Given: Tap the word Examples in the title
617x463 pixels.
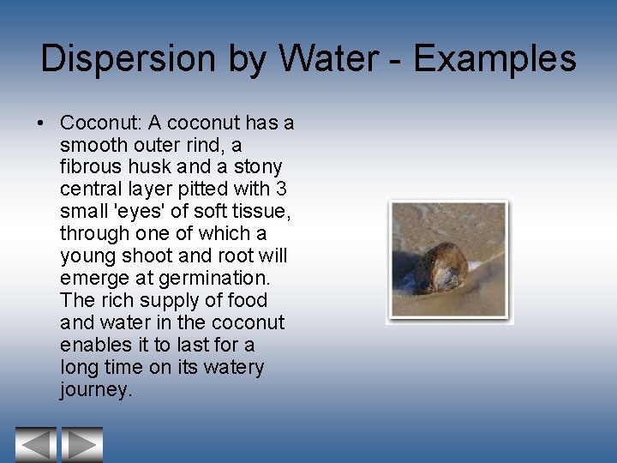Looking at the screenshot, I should (x=494, y=59).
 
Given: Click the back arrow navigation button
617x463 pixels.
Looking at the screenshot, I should (x=35, y=445).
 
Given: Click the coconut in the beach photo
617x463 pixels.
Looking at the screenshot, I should (x=437, y=268).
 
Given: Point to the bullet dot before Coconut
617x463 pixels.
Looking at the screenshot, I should (x=42, y=123).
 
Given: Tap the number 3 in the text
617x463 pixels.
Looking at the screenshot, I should (x=283, y=189).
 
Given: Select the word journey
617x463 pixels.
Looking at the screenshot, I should (x=94, y=390).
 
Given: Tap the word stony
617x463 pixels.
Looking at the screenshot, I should (x=260, y=167).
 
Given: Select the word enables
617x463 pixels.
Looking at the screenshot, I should (x=95, y=345).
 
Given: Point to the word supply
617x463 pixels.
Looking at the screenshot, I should (x=149, y=300).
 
